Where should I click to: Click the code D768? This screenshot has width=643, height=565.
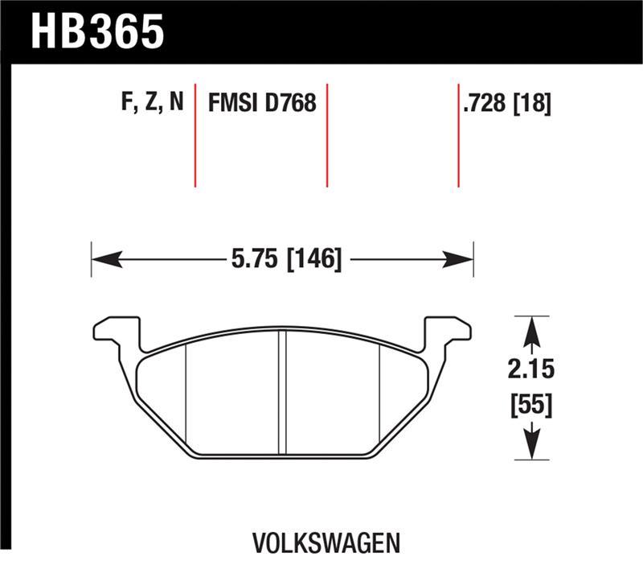click(291, 103)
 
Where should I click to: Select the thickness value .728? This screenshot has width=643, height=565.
click(485, 103)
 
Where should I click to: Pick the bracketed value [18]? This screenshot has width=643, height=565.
click(533, 103)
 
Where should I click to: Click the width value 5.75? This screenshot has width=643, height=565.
click(250, 259)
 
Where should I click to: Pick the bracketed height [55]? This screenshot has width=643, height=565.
click(530, 405)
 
